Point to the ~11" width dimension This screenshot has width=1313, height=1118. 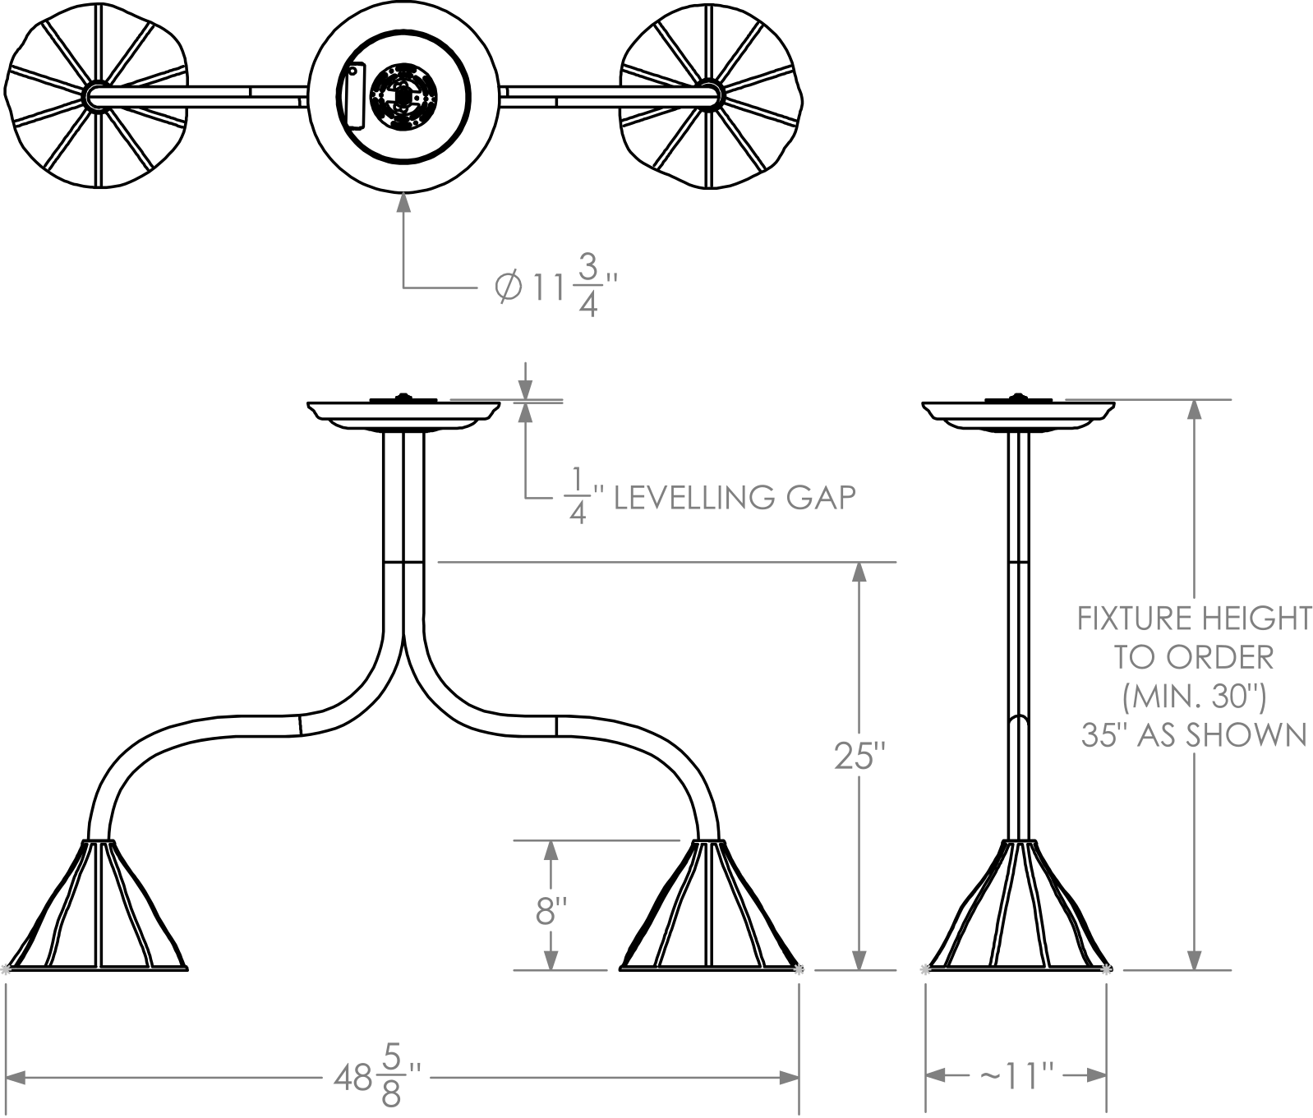click(x=1016, y=1076)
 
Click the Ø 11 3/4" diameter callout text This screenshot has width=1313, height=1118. click(x=555, y=287)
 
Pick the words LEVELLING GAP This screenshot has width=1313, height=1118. click(x=735, y=498)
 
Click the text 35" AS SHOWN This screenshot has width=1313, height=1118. click(x=1193, y=734)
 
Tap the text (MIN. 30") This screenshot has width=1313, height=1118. click(x=1193, y=697)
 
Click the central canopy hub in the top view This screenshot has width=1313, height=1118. click(x=403, y=96)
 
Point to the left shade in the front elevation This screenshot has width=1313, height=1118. click(x=99, y=904)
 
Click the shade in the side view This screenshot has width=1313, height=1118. click(x=1017, y=904)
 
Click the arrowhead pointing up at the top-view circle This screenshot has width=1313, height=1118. click(x=403, y=203)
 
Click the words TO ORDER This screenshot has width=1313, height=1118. click(x=1193, y=657)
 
